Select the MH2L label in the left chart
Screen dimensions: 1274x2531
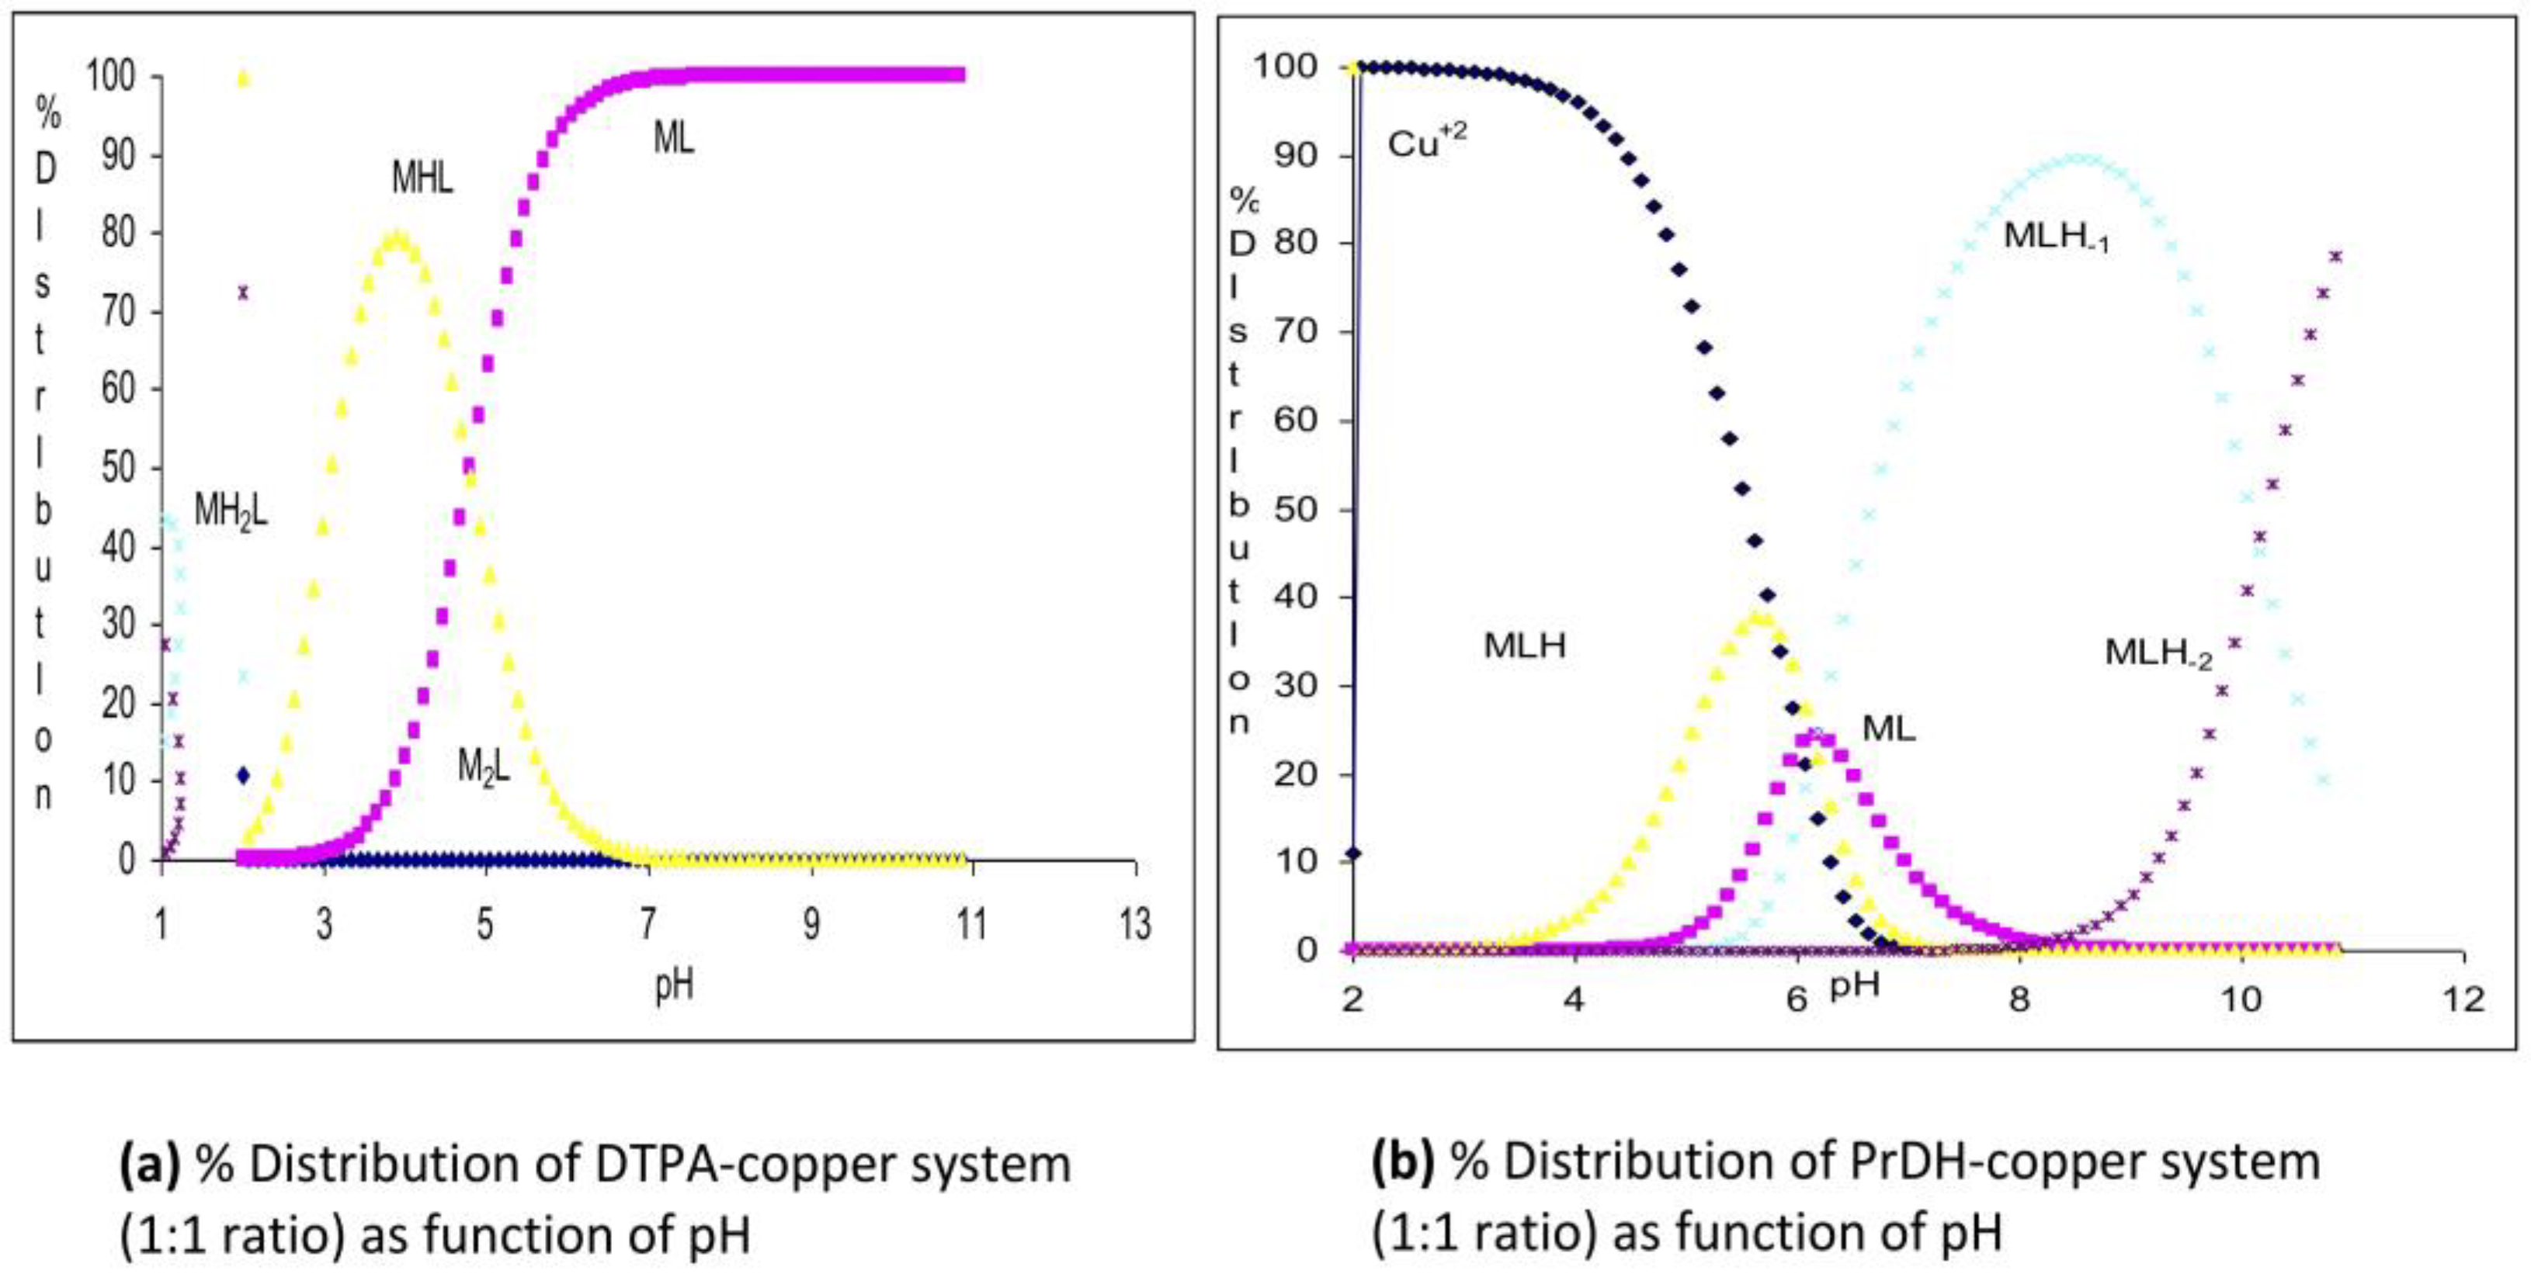(x=231, y=512)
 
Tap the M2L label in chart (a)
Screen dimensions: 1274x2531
(x=484, y=767)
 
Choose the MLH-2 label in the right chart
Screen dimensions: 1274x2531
(x=2158, y=653)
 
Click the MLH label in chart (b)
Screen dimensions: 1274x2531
(x=1524, y=646)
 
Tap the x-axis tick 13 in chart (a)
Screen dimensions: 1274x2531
(x=1135, y=924)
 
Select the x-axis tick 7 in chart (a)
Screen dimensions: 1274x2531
(x=648, y=924)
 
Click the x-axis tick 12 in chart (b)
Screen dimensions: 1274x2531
(x=2461, y=999)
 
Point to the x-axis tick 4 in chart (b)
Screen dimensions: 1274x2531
(x=1575, y=999)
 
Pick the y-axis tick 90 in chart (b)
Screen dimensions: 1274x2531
(x=1283, y=155)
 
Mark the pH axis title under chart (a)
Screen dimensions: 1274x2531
(x=674, y=985)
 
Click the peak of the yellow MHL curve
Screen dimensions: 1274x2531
(x=396, y=237)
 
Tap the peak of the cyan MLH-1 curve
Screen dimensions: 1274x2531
(x=2081, y=159)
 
